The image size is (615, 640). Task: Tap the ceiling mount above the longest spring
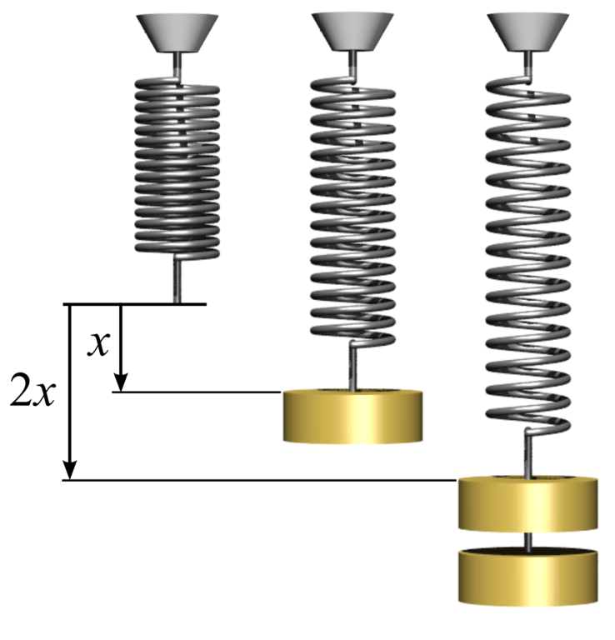(x=527, y=32)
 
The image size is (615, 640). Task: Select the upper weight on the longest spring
(x=528, y=504)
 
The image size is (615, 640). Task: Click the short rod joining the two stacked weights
(x=528, y=540)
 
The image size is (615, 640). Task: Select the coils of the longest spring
(x=527, y=250)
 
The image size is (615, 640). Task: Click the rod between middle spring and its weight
(x=353, y=367)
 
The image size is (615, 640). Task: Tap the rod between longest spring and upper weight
(x=527, y=454)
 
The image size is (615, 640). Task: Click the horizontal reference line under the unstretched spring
(x=133, y=304)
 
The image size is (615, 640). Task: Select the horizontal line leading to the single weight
(x=200, y=392)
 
